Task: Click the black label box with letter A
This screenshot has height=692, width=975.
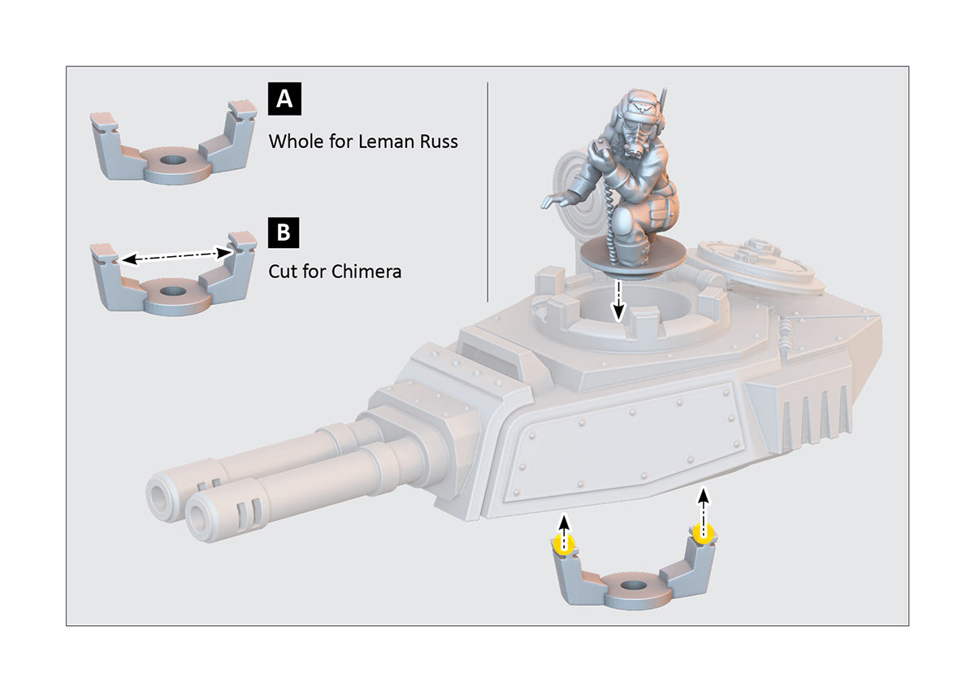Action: click(284, 99)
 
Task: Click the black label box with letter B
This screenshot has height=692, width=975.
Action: click(284, 233)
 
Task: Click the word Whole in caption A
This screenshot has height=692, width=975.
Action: click(295, 141)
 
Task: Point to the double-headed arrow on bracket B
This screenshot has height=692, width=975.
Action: click(175, 256)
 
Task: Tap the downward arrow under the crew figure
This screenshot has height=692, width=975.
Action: click(617, 301)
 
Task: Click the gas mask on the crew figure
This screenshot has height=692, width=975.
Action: click(635, 140)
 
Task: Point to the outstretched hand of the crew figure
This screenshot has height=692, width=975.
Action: click(555, 201)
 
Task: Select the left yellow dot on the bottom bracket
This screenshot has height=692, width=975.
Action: click(563, 545)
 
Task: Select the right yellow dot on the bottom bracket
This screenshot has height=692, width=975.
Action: click(703, 533)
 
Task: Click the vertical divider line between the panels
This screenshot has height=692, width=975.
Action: click(487, 192)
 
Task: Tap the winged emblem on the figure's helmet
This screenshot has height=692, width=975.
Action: click(639, 107)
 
